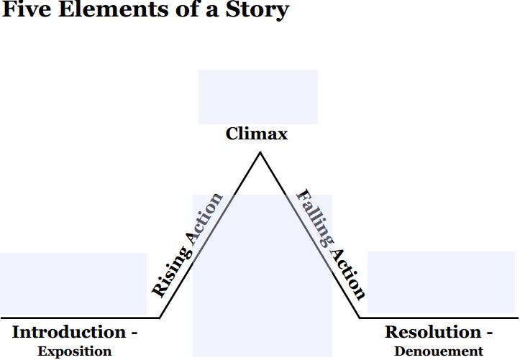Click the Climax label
pos(257,134)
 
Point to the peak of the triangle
pos(259,152)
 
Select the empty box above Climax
pos(257,96)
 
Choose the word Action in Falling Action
pos(347,272)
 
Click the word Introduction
pos(69,333)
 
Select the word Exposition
pos(75,351)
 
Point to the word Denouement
pos(439,351)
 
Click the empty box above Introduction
pos(73,284)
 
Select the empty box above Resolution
pos(441,282)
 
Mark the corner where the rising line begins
pos(160,317)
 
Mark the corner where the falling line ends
pos(360,317)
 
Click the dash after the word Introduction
pos(134,334)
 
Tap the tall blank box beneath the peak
pos(262,287)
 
